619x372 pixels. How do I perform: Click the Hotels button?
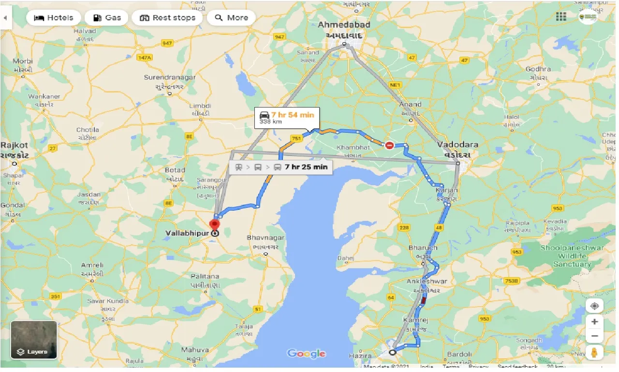pyautogui.click(x=53, y=18)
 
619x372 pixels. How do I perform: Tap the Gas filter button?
pyautogui.click(x=106, y=18)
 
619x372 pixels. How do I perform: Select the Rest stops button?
pyautogui.click(x=167, y=18)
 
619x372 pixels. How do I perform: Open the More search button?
pyautogui.click(x=231, y=18)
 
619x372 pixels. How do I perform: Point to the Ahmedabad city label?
pyautogui.click(x=344, y=25)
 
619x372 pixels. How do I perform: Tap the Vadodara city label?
pyautogui.click(x=457, y=145)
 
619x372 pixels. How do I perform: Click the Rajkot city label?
pyautogui.click(x=15, y=145)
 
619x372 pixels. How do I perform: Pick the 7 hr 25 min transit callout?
pyautogui.click(x=281, y=167)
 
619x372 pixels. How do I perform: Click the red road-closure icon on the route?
pyautogui.click(x=389, y=145)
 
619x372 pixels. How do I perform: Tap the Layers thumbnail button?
pyautogui.click(x=34, y=340)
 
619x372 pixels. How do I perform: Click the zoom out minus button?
pyautogui.click(x=594, y=336)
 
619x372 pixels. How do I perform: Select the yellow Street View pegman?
pyautogui.click(x=594, y=353)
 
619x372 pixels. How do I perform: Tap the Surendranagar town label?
pyautogui.click(x=170, y=77)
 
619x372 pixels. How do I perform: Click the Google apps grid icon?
pyautogui.click(x=561, y=17)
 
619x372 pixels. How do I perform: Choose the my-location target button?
pyautogui.click(x=594, y=306)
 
